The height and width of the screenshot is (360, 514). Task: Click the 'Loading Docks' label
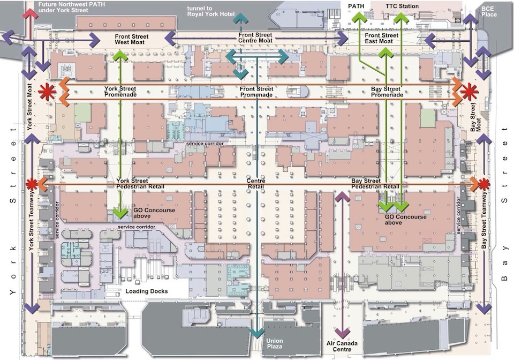(x=147, y=291)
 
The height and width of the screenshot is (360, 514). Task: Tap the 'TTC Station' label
(x=402, y=6)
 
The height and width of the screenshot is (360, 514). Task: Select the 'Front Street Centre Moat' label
(x=255, y=37)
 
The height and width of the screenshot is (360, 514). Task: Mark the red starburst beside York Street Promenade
(x=47, y=92)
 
